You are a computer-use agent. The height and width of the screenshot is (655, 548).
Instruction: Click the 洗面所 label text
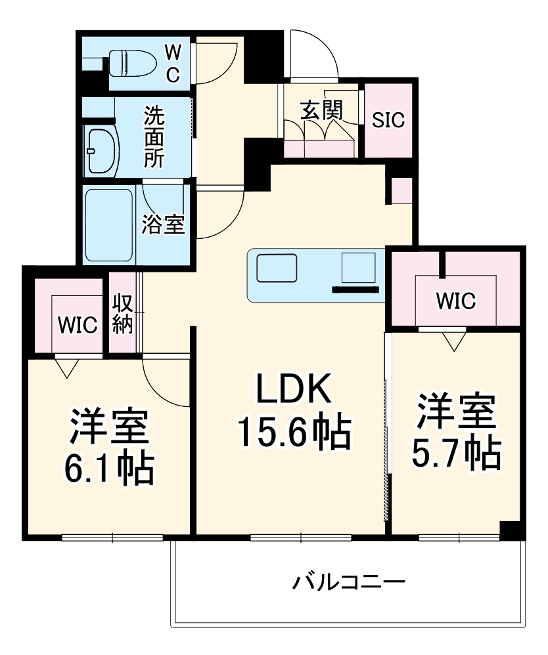click(x=156, y=137)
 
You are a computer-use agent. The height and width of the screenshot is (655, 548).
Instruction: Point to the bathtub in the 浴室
click(x=109, y=224)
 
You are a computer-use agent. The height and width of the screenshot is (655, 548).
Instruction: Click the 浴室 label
click(x=163, y=224)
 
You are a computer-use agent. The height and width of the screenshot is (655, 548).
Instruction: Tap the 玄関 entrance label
click(x=321, y=110)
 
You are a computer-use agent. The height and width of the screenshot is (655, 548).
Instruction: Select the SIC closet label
click(x=388, y=121)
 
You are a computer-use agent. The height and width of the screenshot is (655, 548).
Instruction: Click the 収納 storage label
click(x=122, y=314)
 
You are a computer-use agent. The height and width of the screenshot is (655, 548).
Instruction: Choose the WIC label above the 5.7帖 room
click(x=455, y=301)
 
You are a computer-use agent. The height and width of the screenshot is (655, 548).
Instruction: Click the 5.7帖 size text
click(x=456, y=452)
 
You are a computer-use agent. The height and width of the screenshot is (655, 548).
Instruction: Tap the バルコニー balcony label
click(x=349, y=581)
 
